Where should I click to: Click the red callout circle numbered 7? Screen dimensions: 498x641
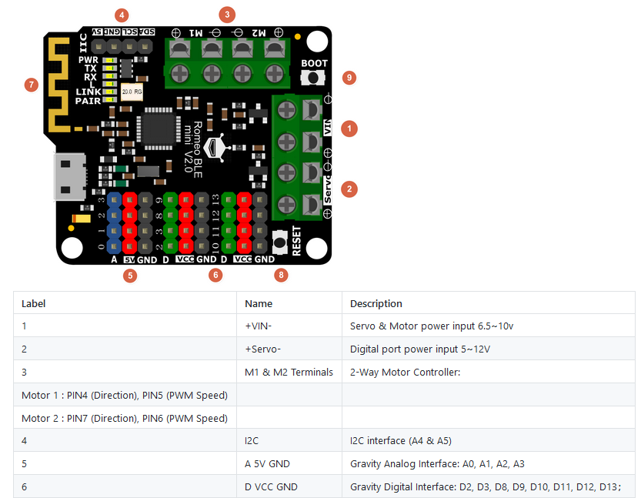click(31, 85)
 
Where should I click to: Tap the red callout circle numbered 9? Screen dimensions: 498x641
click(349, 78)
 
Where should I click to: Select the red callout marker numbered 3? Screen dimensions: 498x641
click(225, 14)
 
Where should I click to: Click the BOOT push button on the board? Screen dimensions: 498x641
click(314, 79)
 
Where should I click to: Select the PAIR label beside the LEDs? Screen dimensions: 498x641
click(88, 101)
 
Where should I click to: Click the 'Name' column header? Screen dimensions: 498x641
click(259, 303)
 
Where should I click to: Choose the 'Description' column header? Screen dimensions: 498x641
click(376, 303)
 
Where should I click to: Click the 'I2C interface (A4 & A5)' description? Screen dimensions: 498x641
click(400, 440)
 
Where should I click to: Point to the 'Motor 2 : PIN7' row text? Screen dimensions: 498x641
click(124, 418)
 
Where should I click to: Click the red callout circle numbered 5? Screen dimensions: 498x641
click(130, 275)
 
